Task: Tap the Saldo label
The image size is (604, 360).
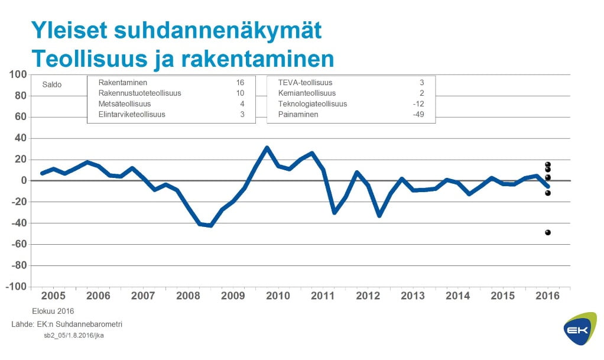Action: tap(52, 85)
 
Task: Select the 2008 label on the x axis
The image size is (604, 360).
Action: tap(189, 296)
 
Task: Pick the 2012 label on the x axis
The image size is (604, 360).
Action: tap(368, 296)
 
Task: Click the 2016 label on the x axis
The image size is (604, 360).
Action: tap(548, 296)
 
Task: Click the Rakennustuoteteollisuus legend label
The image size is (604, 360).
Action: tap(139, 93)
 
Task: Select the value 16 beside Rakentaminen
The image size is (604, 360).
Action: tap(240, 83)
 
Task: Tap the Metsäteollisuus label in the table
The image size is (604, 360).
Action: tap(125, 104)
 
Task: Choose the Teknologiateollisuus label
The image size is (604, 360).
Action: tap(312, 104)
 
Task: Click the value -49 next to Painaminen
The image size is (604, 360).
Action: tap(418, 115)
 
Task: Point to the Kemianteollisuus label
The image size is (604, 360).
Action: tap(307, 93)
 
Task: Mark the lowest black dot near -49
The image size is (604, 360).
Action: tap(548, 232)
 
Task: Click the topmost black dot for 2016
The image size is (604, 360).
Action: tap(548, 164)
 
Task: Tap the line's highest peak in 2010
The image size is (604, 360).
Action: tap(267, 148)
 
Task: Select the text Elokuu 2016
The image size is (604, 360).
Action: tap(53, 311)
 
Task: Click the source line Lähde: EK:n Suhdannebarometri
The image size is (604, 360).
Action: tap(67, 324)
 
